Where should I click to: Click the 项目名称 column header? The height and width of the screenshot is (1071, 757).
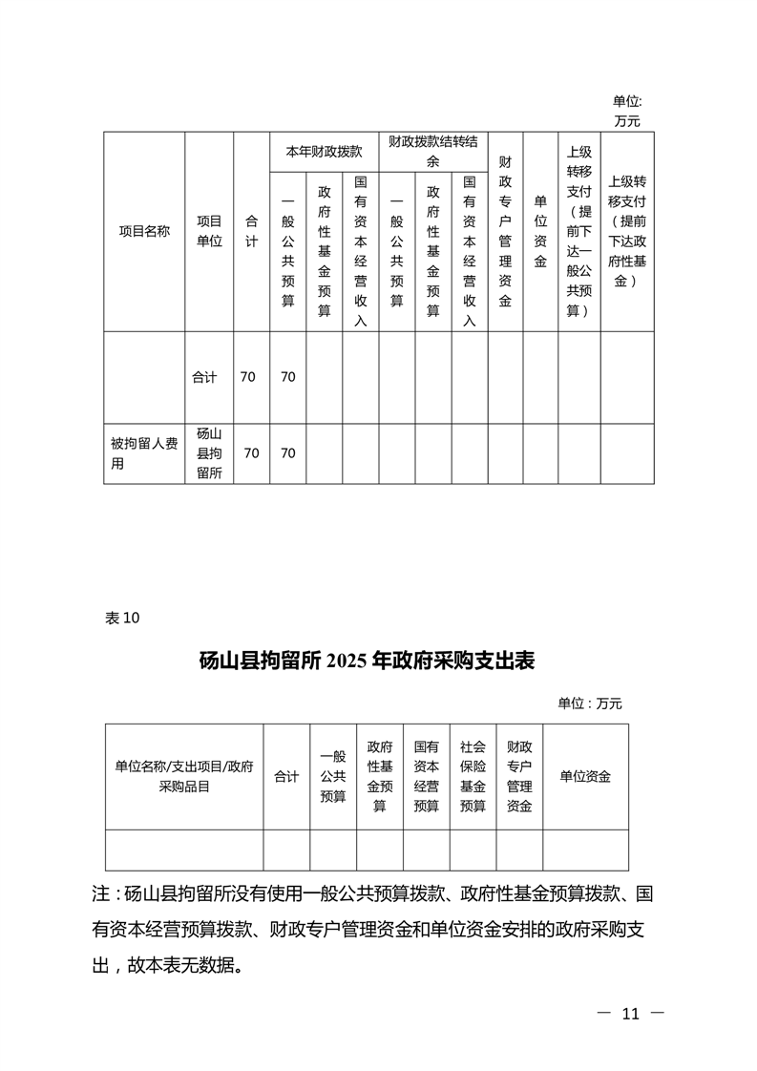pos(144,231)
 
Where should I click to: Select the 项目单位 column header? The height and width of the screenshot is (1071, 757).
pos(209,231)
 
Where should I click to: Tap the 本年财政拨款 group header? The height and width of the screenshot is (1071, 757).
pos(324,152)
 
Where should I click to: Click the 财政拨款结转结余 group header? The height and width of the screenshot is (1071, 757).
pos(432,152)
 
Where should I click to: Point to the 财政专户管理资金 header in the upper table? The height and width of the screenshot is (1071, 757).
pos(505,231)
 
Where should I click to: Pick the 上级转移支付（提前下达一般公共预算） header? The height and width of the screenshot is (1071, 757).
pos(578,231)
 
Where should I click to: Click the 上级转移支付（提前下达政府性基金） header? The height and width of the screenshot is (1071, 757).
pos(627,231)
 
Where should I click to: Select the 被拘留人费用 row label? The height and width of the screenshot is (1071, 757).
pos(144,453)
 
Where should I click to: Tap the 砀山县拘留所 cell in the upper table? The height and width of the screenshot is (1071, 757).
pos(209,453)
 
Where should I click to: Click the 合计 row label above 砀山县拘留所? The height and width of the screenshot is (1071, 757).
pos(204,377)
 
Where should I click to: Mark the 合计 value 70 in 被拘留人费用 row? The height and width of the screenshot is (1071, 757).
pos(251,453)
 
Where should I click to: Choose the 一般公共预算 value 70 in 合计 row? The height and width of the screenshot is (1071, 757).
pos(287,377)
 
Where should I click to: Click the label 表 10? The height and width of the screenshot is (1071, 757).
pos(122,618)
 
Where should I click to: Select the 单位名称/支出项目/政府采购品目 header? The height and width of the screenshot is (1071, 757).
pos(184,776)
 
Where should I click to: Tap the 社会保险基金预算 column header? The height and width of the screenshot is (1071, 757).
pos(473,776)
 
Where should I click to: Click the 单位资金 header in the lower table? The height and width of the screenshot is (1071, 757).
pos(585,776)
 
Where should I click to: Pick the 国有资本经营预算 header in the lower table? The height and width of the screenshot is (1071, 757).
pos(426,776)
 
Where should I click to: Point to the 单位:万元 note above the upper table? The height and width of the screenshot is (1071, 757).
pos(627,111)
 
